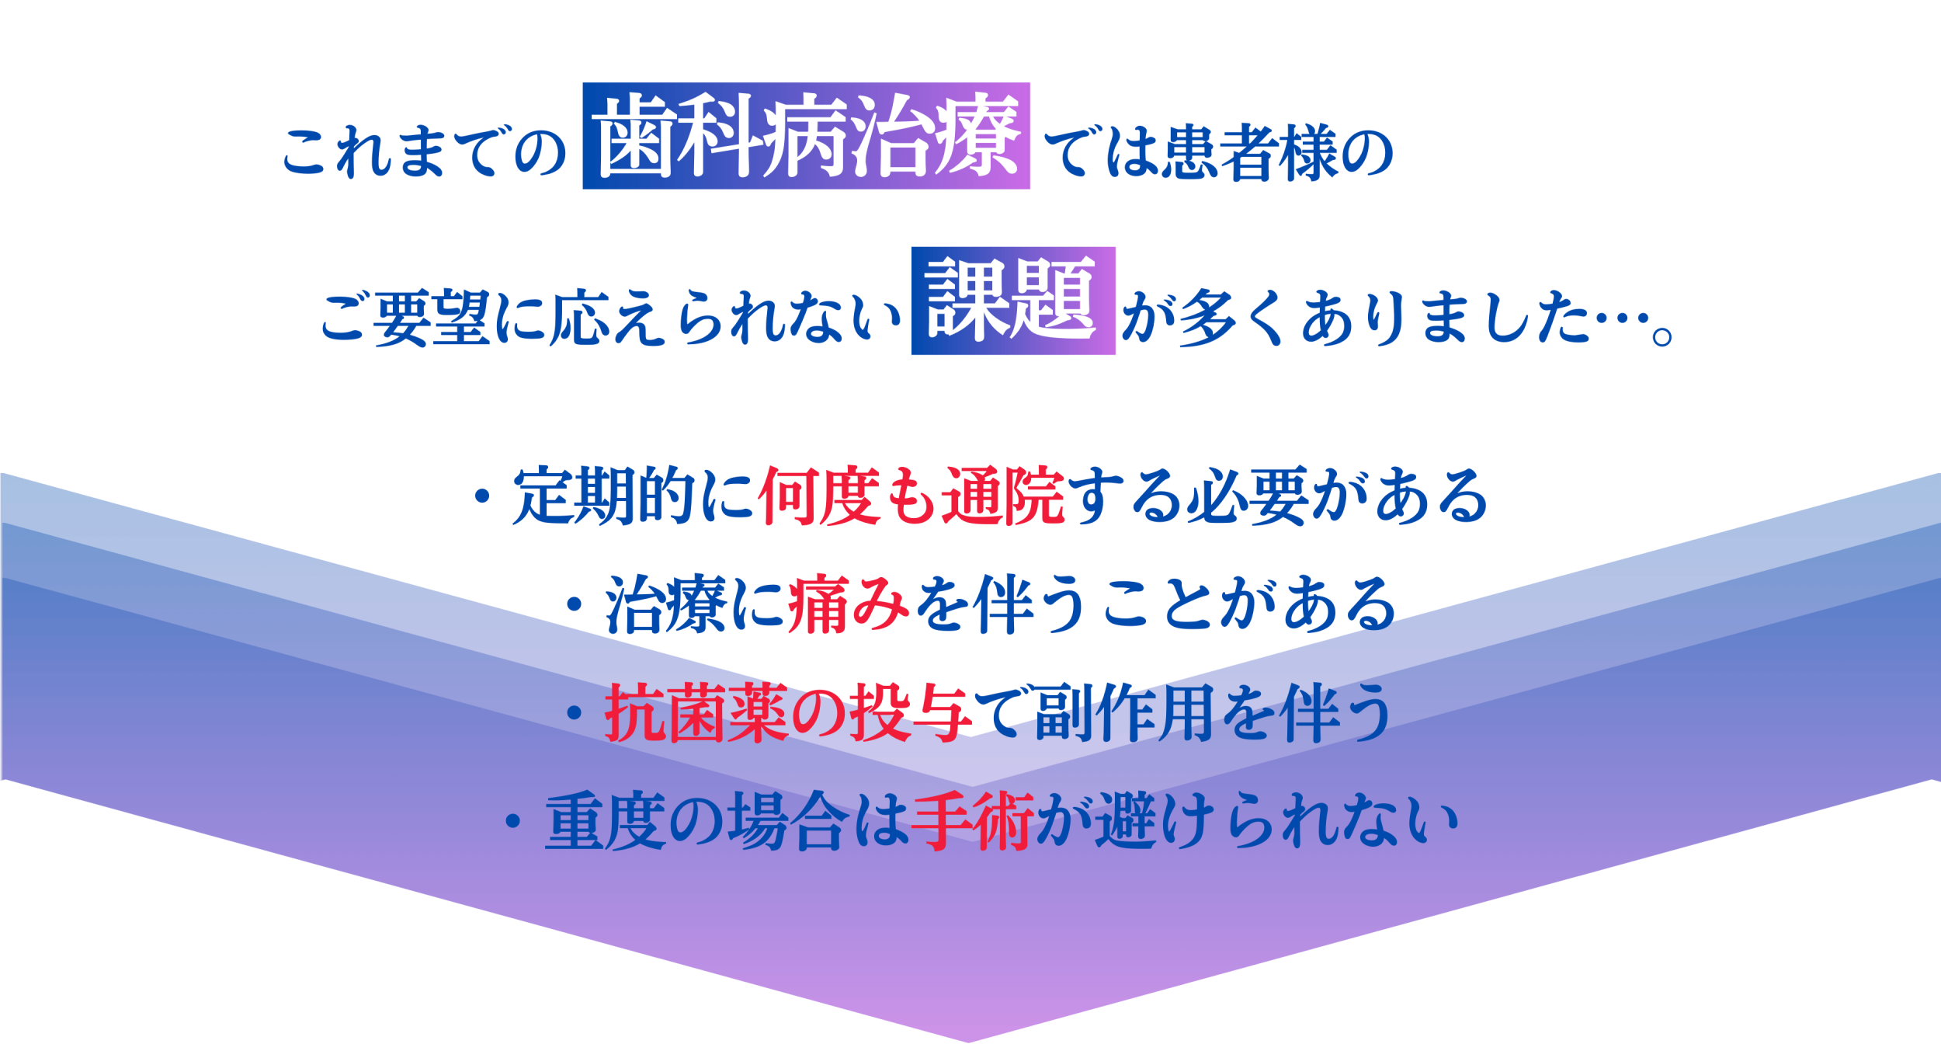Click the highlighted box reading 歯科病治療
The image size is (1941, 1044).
pyautogui.click(x=806, y=136)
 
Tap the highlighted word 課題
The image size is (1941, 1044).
pyautogui.click(x=1013, y=301)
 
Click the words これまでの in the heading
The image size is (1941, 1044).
pyautogui.click(x=424, y=152)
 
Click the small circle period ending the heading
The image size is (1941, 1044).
pyautogui.click(x=1662, y=337)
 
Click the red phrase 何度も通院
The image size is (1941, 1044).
pyautogui.click(x=911, y=496)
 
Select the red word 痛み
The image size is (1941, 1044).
pyautogui.click(x=848, y=604)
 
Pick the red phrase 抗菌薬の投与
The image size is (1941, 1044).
pyautogui.click(x=788, y=713)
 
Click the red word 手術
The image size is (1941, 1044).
pyautogui.click(x=973, y=822)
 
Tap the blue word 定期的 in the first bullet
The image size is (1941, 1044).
pyautogui.click(x=603, y=496)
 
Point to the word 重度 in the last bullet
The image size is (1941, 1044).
pyautogui.click(x=606, y=822)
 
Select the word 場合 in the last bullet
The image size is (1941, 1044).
pyautogui.click(x=788, y=822)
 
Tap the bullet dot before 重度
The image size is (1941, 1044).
pyautogui.click(x=512, y=823)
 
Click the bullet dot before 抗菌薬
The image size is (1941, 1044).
pyautogui.click(x=574, y=714)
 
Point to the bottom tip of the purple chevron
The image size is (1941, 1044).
pyautogui.click(x=969, y=1042)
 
